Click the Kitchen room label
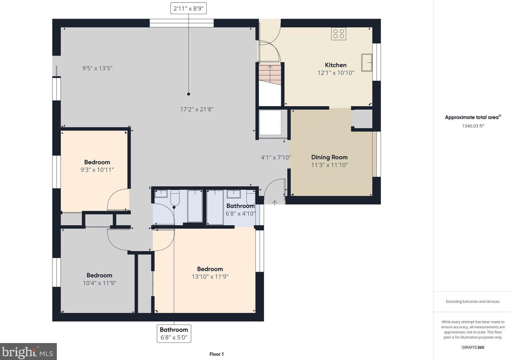335,65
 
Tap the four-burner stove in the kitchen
339,34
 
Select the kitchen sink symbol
367,62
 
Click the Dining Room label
329,157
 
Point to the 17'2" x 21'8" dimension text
197,109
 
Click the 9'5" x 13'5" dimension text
97,68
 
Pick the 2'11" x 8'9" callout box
189,9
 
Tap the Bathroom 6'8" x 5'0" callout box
174,333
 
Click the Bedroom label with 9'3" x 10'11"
97,162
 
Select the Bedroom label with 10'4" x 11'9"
99,275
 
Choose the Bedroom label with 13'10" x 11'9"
210,269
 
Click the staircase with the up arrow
270,74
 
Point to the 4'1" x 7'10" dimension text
276,157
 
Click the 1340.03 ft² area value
473,126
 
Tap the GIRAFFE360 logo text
473,347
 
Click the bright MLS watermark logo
28,352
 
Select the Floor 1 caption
217,354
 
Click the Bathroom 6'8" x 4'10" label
241,210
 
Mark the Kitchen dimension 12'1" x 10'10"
336,73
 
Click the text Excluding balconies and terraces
473,301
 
